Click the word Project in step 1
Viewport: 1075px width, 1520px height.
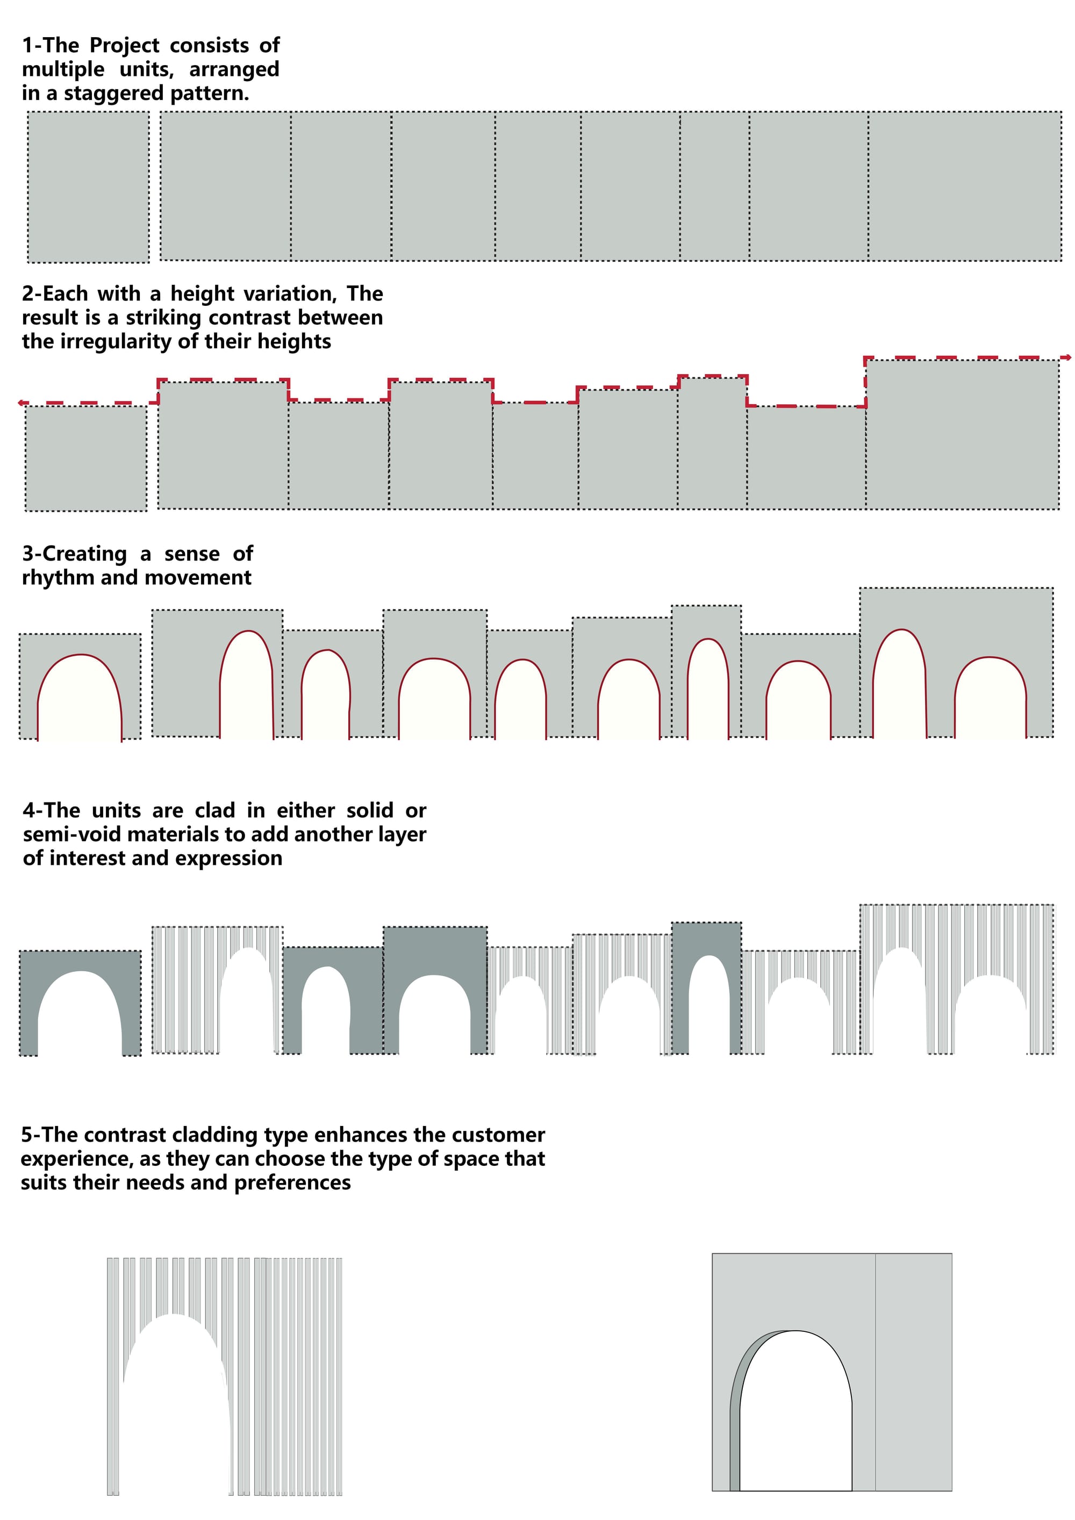[x=125, y=46]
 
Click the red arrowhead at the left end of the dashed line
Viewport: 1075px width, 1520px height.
[x=22, y=403]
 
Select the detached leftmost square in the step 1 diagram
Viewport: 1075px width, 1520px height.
[x=88, y=187]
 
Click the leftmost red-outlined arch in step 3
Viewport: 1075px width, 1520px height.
[x=80, y=698]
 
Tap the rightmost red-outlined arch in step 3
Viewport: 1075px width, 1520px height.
[x=990, y=698]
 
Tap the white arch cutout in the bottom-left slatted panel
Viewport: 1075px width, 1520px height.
[x=175, y=1397]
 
